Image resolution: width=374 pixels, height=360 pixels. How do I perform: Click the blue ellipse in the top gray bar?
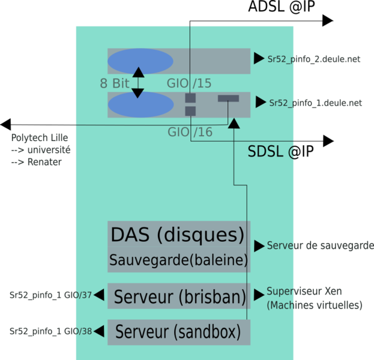pos(140,61)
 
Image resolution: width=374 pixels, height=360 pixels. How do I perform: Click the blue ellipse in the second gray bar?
pos(140,104)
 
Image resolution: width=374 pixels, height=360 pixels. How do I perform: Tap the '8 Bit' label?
pos(114,83)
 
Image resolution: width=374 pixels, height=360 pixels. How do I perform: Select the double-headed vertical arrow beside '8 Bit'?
pos(138,83)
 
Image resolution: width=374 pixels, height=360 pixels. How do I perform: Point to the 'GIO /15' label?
pos(189,83)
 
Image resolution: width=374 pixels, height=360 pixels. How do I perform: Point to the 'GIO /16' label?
pos(190,132)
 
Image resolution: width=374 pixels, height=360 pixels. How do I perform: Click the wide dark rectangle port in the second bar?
pos(228,98)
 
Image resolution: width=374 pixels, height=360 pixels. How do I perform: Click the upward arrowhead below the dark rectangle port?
pos(234,124)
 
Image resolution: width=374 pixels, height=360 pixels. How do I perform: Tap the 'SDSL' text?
pos(266,152)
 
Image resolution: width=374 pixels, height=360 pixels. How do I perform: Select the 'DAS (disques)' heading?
pos(178,235)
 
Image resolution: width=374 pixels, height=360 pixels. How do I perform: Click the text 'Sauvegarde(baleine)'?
pos(178,260)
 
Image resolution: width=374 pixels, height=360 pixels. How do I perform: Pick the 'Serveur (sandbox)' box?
pos(178,331)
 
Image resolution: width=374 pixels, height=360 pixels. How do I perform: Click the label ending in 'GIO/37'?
pos(50,295)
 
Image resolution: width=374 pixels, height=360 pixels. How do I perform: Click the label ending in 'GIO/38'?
pos(50,331)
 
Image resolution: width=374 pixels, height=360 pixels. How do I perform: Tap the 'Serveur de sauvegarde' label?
pos(320,245)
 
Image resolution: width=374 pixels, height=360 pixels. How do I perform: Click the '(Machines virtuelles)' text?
pos(315,305)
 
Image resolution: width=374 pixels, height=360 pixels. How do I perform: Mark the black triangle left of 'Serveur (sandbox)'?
pos(99,330)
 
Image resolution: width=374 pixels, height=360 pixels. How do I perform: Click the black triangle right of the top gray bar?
pos(259,58)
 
